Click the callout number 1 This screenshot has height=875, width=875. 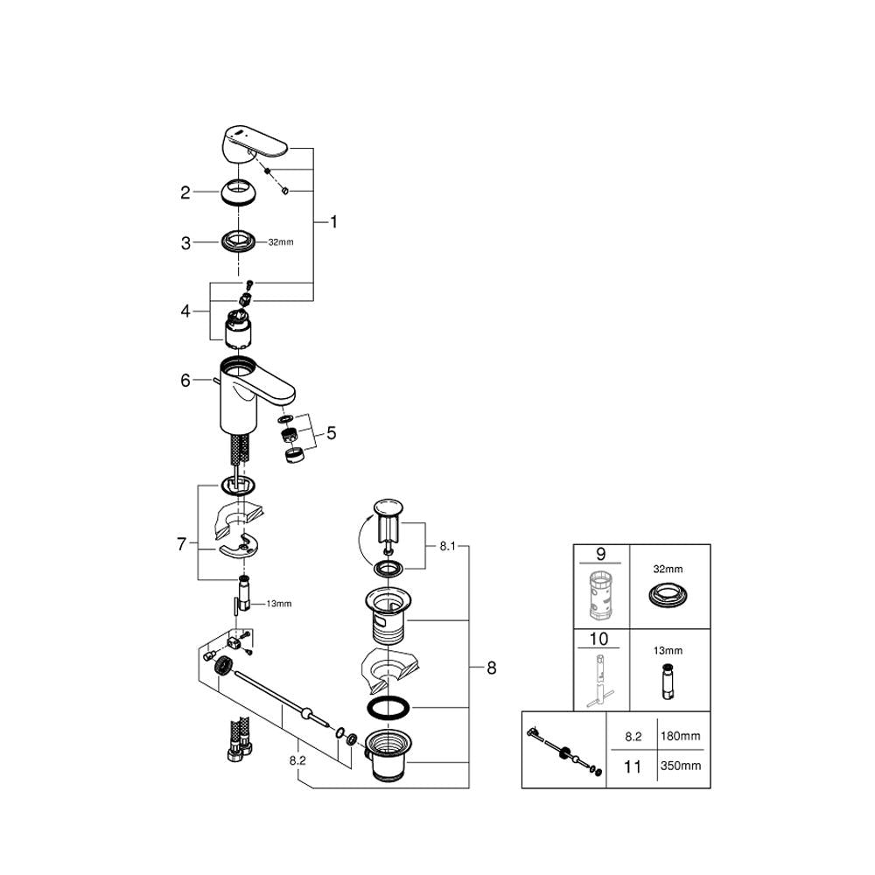[x=333, y=222]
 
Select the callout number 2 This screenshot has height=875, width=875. [x=185, y=192]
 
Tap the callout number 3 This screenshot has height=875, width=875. [x=185, y=243]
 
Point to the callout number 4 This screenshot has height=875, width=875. [x=185, y=311]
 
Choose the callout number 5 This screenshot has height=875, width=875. [x=332, y=432]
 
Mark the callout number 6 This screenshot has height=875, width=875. [x=185, y=381]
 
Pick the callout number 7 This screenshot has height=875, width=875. [x=181, y=544]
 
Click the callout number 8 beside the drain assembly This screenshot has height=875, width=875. [x=491, y=668]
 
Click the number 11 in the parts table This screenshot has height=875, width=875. [x=631, y=766]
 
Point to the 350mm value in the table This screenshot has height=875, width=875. [x=683, y=766]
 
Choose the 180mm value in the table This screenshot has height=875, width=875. [x=683, y=737]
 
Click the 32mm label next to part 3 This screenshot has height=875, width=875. [x=280, y=243]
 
